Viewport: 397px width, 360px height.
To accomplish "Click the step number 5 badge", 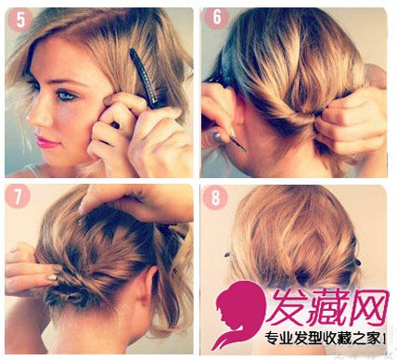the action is click(20, 19).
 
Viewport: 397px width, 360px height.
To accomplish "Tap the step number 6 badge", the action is click(216, 18).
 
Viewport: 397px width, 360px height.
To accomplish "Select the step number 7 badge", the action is click(18, 197).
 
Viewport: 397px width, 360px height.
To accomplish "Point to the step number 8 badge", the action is click(215, 197).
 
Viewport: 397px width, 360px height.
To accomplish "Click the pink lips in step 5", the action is click(46, 141).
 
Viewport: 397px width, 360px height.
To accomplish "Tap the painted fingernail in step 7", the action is click(53, 277).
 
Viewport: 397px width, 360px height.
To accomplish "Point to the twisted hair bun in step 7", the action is click(70, 296).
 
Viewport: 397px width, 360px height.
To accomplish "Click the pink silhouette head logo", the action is click(238, 314).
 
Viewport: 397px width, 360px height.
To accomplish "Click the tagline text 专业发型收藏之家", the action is click(323, 339).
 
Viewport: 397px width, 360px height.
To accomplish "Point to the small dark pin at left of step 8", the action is click(228, 255).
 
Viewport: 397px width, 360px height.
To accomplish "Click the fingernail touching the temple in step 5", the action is click(109, 99).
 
